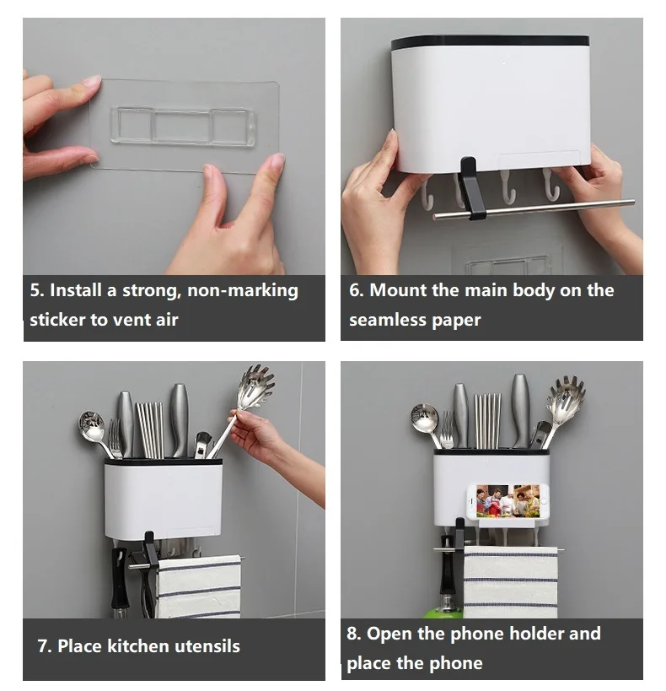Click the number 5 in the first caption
coord(36,291)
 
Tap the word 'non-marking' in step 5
coord(243,291)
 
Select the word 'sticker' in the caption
coord(57,320)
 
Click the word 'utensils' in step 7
coord(207,646)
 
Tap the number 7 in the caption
coord(44,646)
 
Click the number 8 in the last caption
coord(353,634)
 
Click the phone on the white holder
coord(508,501)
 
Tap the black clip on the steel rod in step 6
coord(471,189)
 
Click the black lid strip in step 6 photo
coord(490,42)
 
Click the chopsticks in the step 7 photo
coord(150,429)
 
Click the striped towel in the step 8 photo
coord(511,581)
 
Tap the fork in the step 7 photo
coord(115,439)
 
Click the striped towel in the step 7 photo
coord(199,587)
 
